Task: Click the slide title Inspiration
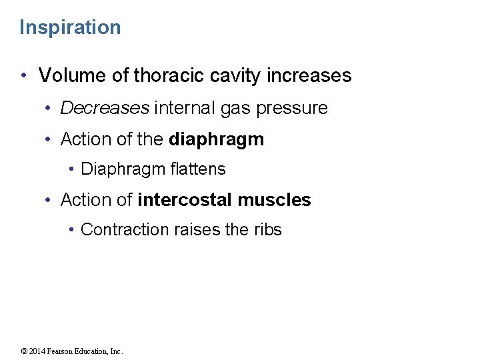coord(70,27)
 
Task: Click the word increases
coord(309,75)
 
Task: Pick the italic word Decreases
coord(105,108)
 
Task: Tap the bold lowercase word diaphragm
coord(217,140)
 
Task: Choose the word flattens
coord(198,169)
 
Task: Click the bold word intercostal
coord(185,200)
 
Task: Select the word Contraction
coord(125,230)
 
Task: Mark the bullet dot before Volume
coord(24,76)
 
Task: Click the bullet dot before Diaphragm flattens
coord(71,170)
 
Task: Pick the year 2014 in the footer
coord(37,351)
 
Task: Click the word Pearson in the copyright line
coord(61,351)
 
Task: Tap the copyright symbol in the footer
coord(23,351)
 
